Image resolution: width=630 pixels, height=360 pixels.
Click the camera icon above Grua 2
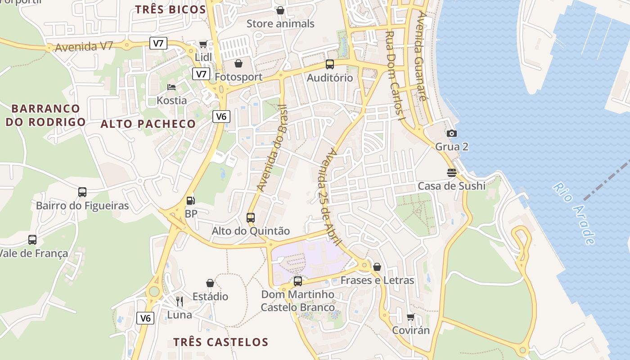(452, 133)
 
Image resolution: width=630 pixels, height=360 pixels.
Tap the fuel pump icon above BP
(191, 201)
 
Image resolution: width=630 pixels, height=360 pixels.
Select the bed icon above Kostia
(171, 87)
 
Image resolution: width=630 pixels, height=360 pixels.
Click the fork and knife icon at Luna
(180, 301)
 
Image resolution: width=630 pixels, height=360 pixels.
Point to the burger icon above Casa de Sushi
(452, 173)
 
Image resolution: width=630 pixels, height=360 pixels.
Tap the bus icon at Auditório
(330, 64)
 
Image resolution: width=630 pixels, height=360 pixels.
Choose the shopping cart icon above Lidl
(203, 44)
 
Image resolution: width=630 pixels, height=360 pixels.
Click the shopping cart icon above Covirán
(410, 317)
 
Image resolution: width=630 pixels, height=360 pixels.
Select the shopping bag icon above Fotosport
(238, 63)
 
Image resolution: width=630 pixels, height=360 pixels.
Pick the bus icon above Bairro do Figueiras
(82, 192)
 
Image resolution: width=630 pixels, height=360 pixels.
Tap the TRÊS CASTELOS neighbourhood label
(221, 342)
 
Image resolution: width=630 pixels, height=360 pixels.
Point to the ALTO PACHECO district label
(148, 124)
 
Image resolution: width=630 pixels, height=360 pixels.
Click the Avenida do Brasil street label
(272, 148)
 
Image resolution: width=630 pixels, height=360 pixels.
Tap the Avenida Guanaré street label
(422, 56)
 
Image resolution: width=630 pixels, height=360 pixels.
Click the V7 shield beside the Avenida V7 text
(158, 44)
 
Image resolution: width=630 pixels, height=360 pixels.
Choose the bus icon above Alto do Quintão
(251, 218)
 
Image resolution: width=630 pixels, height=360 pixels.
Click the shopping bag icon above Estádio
(210, 283)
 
